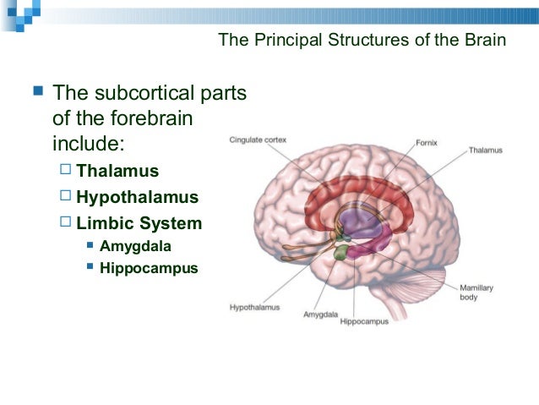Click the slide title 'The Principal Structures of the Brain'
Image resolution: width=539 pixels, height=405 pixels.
(362, 40)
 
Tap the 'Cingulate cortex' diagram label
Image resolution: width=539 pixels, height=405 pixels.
(257, 140)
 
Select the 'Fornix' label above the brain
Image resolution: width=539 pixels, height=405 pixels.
(427, 143)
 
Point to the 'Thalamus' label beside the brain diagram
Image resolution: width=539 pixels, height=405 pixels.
(486, 151)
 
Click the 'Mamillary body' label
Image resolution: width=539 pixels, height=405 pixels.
(476, 293)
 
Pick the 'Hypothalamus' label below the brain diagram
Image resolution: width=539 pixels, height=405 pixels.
(254, 307)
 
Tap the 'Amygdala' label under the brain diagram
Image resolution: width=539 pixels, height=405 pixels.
(320, 315)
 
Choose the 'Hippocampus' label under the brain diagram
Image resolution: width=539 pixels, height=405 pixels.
(364, 321)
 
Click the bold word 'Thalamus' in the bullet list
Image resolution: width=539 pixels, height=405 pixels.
(117, 171)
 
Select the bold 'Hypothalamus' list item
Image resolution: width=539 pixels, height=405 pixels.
(137, 198)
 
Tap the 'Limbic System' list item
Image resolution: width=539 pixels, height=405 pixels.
(139, 224)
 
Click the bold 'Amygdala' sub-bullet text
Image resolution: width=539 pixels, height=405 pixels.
(134, 247)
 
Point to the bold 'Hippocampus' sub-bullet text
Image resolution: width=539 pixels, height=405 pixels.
(149, 269)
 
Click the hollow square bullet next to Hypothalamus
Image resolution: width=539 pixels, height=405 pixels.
(66, 197)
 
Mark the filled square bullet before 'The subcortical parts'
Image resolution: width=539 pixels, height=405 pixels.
(35, 90)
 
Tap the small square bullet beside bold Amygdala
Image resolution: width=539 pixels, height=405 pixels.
(90, 247)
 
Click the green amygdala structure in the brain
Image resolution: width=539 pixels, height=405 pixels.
(340, 252)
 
